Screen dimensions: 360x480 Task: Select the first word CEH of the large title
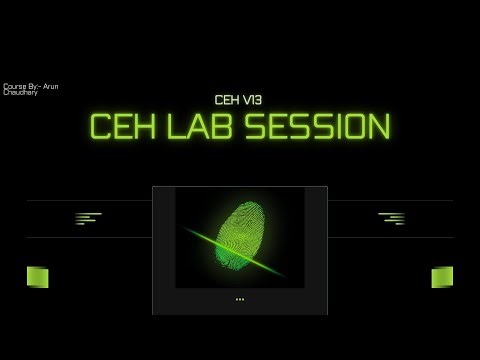pos(119,126)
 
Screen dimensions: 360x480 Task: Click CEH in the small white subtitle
pos(227,100)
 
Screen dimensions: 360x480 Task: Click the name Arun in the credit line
pos(51,87)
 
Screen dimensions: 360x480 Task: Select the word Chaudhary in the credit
pos(20,93)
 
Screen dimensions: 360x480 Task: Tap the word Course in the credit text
pos(13,87)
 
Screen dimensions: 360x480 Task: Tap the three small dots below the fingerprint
pos(240,299)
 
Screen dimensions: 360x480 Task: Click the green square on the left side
pos(37,277)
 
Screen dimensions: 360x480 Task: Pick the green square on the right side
pos(442,277)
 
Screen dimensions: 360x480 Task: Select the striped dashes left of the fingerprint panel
pos(88,218)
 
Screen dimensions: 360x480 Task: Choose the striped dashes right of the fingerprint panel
pos(392,218)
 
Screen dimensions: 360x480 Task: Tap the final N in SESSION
pos(377,126)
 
